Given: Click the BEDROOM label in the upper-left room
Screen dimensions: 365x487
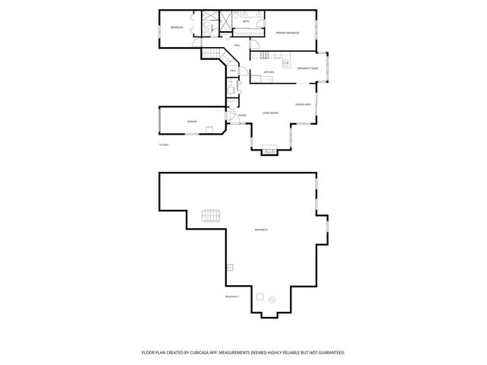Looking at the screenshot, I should click(177, 27).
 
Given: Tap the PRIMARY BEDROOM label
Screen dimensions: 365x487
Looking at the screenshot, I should click(287, 33).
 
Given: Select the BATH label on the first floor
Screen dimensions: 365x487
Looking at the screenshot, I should click(246, 22).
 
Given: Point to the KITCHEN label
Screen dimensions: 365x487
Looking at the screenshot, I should click(269, 72).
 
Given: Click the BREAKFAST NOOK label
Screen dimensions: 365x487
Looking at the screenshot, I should click(307, 68).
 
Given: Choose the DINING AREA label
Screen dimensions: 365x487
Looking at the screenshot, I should click(304, 104).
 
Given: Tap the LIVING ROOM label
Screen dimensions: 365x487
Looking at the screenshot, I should click(270, 113).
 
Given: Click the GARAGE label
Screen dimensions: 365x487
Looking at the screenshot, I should click(192, 122).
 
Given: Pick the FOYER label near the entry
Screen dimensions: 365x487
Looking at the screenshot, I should click(242, 116).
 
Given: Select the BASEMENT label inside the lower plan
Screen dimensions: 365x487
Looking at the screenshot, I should click(261, 230).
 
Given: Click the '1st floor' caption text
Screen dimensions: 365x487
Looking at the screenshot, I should click(164, 144).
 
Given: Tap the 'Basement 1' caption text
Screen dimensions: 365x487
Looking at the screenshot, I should click(233, 297).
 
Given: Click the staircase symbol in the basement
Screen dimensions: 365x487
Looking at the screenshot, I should click(211, 217).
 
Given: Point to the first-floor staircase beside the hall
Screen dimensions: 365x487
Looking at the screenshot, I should click(212, 54).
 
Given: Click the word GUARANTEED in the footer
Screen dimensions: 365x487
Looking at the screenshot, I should click(329, 353).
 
